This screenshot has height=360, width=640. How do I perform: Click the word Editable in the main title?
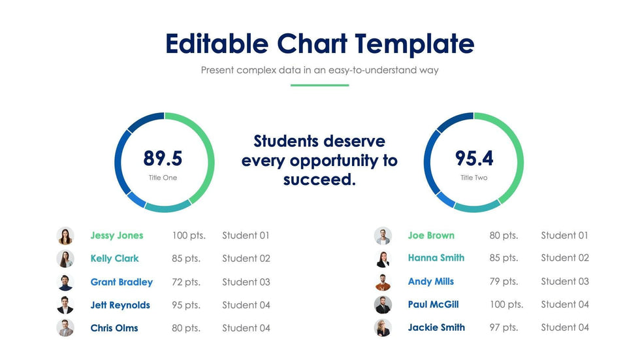point(217,44)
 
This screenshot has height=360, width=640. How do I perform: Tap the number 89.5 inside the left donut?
point(163,159)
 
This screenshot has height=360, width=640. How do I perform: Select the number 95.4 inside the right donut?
point(474,159)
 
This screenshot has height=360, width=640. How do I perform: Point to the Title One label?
point(163,178)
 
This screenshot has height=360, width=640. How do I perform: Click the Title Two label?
point(474,178)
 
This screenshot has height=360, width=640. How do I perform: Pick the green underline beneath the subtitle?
point(319,85)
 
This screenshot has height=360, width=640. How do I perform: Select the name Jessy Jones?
point(117,236)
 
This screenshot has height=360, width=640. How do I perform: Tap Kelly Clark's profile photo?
point(65,259)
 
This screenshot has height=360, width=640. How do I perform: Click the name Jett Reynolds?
point(120,305)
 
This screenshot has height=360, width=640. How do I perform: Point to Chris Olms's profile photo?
point(65,328)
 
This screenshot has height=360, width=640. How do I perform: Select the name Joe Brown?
point(431,236)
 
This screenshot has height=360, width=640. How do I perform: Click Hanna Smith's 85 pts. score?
point(504,258)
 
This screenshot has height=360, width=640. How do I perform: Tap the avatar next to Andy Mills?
point(383,282)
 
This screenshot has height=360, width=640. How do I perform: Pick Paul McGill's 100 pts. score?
point(506,304)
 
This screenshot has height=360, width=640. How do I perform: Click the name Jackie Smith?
point(436,327)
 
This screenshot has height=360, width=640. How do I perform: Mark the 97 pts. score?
point(504,327)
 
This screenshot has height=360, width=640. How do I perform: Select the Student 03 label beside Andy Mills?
point(565,282)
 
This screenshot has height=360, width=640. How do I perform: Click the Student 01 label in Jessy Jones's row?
point(246,236)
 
